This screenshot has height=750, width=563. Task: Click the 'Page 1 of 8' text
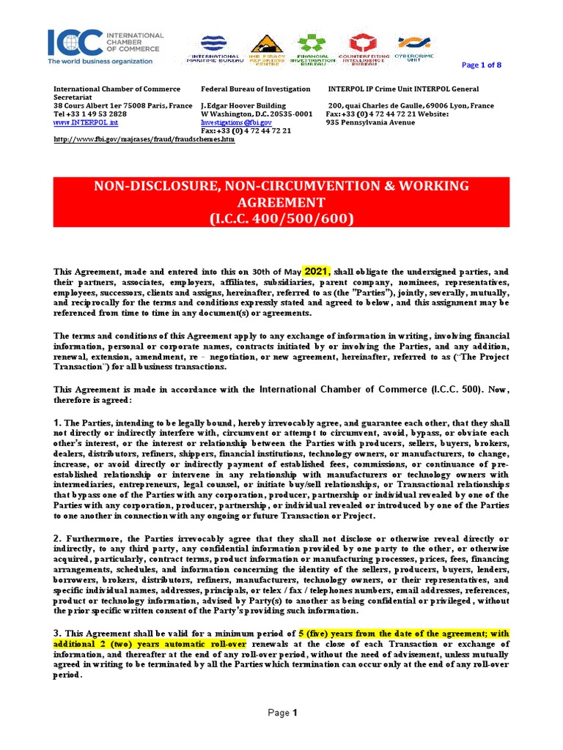click(x=481, y=65)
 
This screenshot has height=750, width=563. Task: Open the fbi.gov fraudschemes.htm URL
click(x=144, y=140)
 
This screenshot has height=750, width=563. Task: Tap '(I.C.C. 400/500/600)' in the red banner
click(x=281, y=219)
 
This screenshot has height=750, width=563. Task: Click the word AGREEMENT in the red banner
click(x=281, y=202)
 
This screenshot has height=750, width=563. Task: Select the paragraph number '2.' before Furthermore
click(x=58, y=538)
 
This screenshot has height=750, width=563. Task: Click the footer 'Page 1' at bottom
click(x=281, y=713)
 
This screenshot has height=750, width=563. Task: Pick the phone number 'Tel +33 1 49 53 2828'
click(x=90, y=114)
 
